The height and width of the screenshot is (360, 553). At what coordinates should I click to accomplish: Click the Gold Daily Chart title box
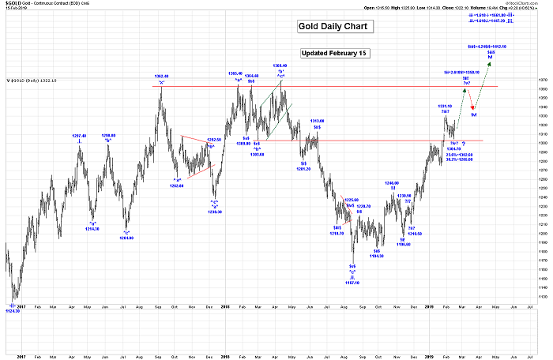pos(333,27)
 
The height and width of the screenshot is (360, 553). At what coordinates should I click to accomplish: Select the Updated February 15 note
pos(337,54)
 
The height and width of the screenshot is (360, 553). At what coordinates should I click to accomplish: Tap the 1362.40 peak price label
pos(161,77)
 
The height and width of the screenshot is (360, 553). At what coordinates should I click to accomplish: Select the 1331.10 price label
pos(445,106)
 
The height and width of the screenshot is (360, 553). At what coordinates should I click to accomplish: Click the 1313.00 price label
pos(318,121)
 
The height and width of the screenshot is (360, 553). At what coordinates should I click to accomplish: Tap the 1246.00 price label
pos(391,182)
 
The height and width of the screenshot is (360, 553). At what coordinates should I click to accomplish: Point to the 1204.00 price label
pos(126,236)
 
